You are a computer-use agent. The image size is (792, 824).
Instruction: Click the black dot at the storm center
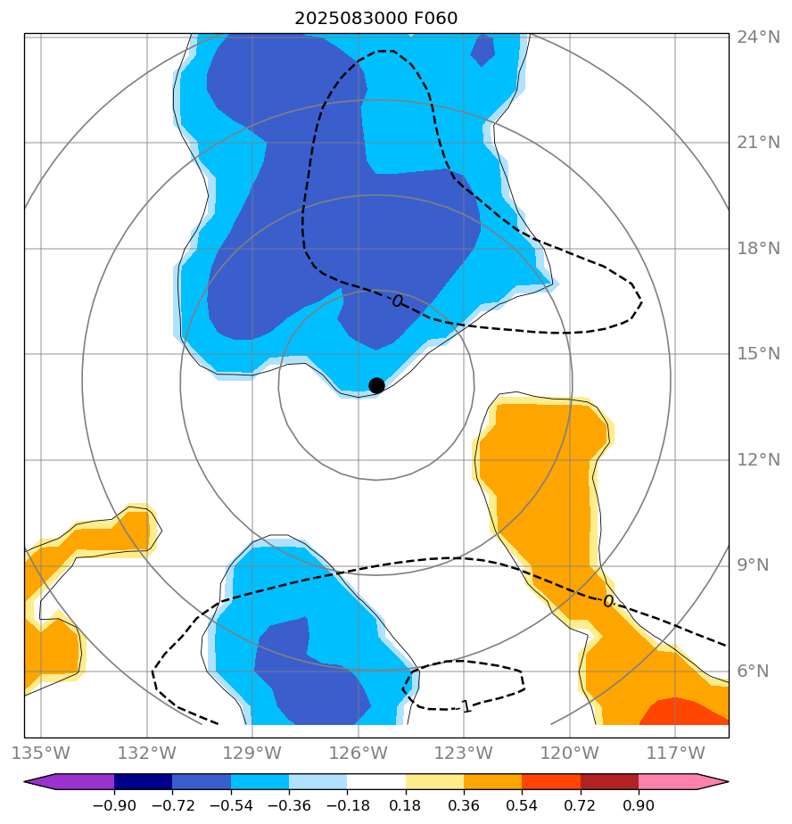(376, 385)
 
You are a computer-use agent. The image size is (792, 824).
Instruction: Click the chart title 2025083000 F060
(376, 19)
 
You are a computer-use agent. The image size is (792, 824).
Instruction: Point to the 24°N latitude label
(758, 37)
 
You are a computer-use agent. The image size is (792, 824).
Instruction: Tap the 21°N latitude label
(758, 144)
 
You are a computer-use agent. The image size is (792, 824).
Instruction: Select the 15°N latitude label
(758, 354)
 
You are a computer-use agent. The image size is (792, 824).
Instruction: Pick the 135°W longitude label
(41, 753)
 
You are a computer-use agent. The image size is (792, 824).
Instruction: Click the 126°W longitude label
(358, 753)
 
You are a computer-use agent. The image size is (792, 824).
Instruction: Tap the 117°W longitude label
(675, 753)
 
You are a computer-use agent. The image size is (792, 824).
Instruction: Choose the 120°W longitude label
(569, 753)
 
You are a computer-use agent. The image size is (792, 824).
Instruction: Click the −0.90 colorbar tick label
(114, 806)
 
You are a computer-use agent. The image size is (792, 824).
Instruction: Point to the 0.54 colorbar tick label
(522, 806)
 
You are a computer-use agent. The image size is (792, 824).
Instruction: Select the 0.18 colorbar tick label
(406, 806)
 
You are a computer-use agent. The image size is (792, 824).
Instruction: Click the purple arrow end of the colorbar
(40, 782)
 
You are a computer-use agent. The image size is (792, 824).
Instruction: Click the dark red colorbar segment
(609, 782)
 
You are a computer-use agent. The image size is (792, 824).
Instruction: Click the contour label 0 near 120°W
(608, 602)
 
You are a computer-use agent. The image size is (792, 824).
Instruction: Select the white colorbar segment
(376, 782)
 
